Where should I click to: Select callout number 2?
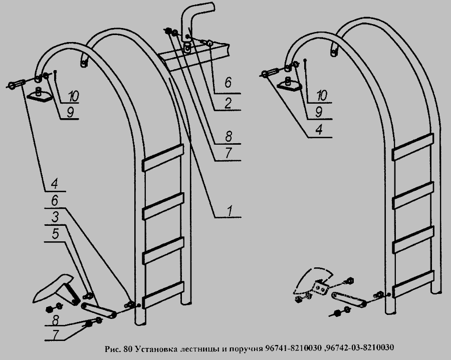point(228,104)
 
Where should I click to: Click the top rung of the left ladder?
point(162,157)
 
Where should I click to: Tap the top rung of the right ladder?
point(413,146)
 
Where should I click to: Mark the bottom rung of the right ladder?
point(413,283)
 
